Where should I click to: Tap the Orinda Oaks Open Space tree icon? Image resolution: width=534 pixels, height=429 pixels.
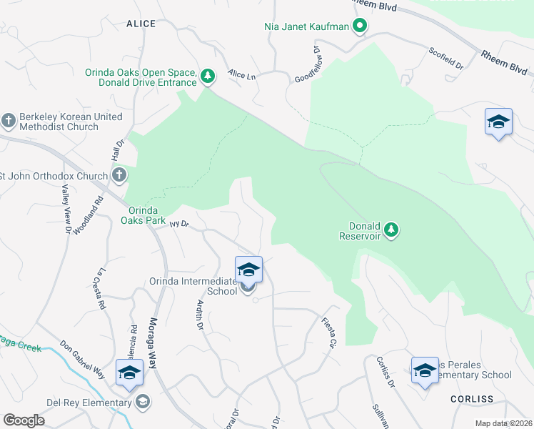pos(208,76)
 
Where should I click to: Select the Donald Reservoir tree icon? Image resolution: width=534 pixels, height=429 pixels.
pos(391,230)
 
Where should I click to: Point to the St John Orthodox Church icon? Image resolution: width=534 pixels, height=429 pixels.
pos(119,175)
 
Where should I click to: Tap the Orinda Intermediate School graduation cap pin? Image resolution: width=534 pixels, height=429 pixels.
pos(248,270)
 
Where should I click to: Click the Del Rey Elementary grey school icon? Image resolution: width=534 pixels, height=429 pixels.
pos(143,402)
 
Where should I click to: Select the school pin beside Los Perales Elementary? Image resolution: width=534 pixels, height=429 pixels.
pos(425,370)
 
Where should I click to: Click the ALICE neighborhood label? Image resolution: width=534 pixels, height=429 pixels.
pos(141,24)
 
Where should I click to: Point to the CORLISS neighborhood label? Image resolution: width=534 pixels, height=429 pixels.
pos(473,398)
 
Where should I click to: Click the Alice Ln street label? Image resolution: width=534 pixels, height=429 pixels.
pos(242,74)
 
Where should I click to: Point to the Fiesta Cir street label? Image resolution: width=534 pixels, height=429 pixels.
pos(329,332)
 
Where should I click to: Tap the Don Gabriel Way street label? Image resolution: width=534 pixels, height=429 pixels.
pos(82,363)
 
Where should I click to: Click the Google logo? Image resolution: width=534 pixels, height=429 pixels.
pos(24,420)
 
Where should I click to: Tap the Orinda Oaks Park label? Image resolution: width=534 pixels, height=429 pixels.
pos(146,215)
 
